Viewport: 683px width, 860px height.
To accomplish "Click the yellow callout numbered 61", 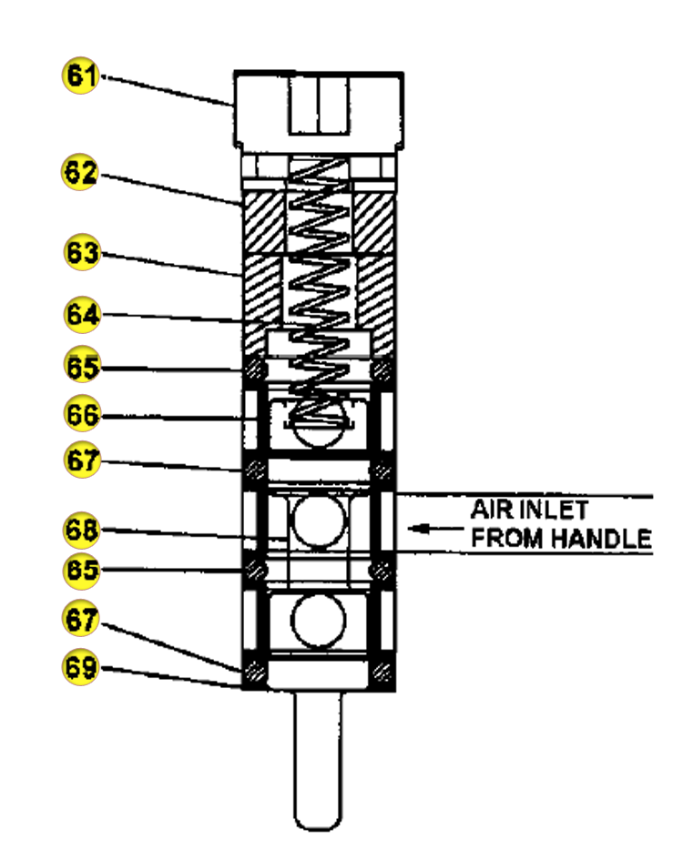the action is (x=81, y=75).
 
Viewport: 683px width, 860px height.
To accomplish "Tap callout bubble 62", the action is (x=80, y=172).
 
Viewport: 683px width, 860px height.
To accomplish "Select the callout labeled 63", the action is (x=82, y=252).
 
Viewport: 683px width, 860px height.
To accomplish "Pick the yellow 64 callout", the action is (x=82, y=314).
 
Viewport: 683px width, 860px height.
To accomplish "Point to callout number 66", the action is (x=82, y=413).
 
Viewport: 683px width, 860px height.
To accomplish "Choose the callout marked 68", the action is (x=81, y=530).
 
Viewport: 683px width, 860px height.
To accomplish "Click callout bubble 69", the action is (x=81, y=666).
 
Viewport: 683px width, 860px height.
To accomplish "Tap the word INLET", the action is (x=554, y=510).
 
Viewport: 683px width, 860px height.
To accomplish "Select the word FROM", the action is (x=507, y=538).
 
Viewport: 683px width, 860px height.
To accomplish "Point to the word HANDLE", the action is (x=601, y=538).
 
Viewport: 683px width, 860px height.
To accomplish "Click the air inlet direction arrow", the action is (x=435, y=529).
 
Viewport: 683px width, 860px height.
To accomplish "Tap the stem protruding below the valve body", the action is (x=317, y=760).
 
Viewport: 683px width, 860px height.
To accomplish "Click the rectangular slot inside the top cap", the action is (x=319, y=105).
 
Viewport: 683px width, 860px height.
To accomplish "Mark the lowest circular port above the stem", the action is (x=319, y=620).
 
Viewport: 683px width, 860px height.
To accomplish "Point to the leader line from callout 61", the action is (x=167, y=90).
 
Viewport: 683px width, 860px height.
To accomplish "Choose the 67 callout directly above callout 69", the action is (x=81, y=618).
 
